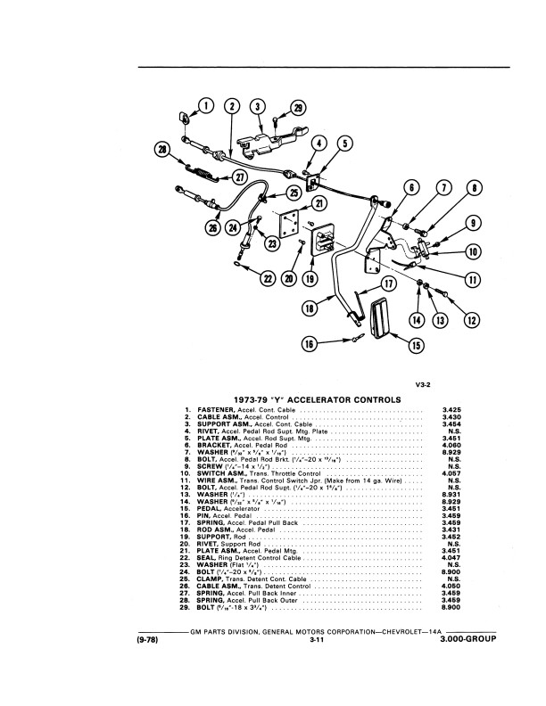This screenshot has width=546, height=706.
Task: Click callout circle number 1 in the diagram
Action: (207, 108)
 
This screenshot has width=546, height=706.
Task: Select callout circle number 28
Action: (163, 151)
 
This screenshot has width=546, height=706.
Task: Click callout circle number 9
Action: (472, 224)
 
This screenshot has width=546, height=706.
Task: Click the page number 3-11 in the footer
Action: (316, 665)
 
